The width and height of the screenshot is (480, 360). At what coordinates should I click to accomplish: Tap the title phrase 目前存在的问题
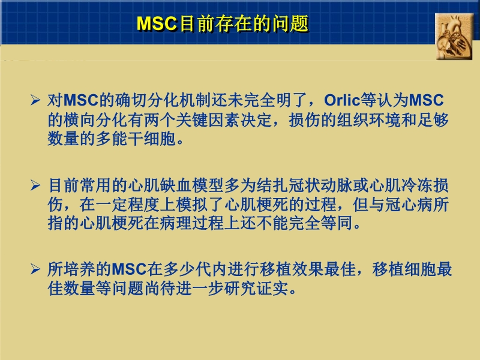243,23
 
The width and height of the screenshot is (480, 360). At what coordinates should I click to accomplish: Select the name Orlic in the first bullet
343,100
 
